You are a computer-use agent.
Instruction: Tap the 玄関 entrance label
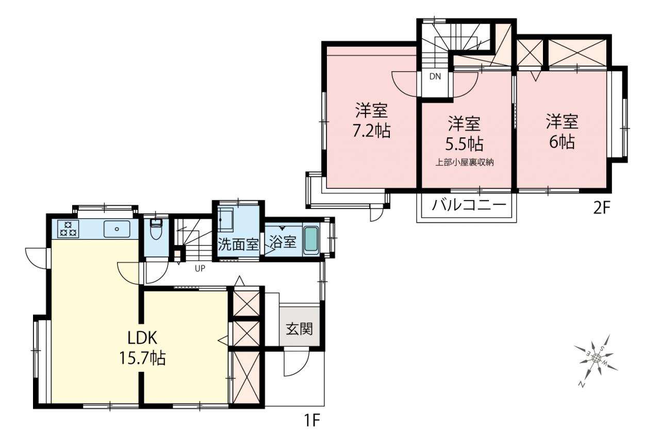pos(300,328)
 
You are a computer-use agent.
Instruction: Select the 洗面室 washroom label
pos(238,244)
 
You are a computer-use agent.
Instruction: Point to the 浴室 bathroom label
pos(283,242)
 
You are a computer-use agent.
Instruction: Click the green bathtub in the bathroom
pos(311,240)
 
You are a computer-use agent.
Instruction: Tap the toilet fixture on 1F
pos(156,229)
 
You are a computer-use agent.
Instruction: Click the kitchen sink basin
pos(117,229)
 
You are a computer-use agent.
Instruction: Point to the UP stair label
pos(200,268)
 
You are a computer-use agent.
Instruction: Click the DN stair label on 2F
pos(435,77)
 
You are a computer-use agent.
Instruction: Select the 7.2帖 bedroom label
pos(372,121)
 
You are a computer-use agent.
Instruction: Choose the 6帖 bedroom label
pos(562,132)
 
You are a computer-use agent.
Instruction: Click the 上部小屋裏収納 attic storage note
pos(465,162)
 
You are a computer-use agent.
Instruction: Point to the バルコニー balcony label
pos(469,205)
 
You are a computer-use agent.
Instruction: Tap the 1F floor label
pos(312,420)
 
